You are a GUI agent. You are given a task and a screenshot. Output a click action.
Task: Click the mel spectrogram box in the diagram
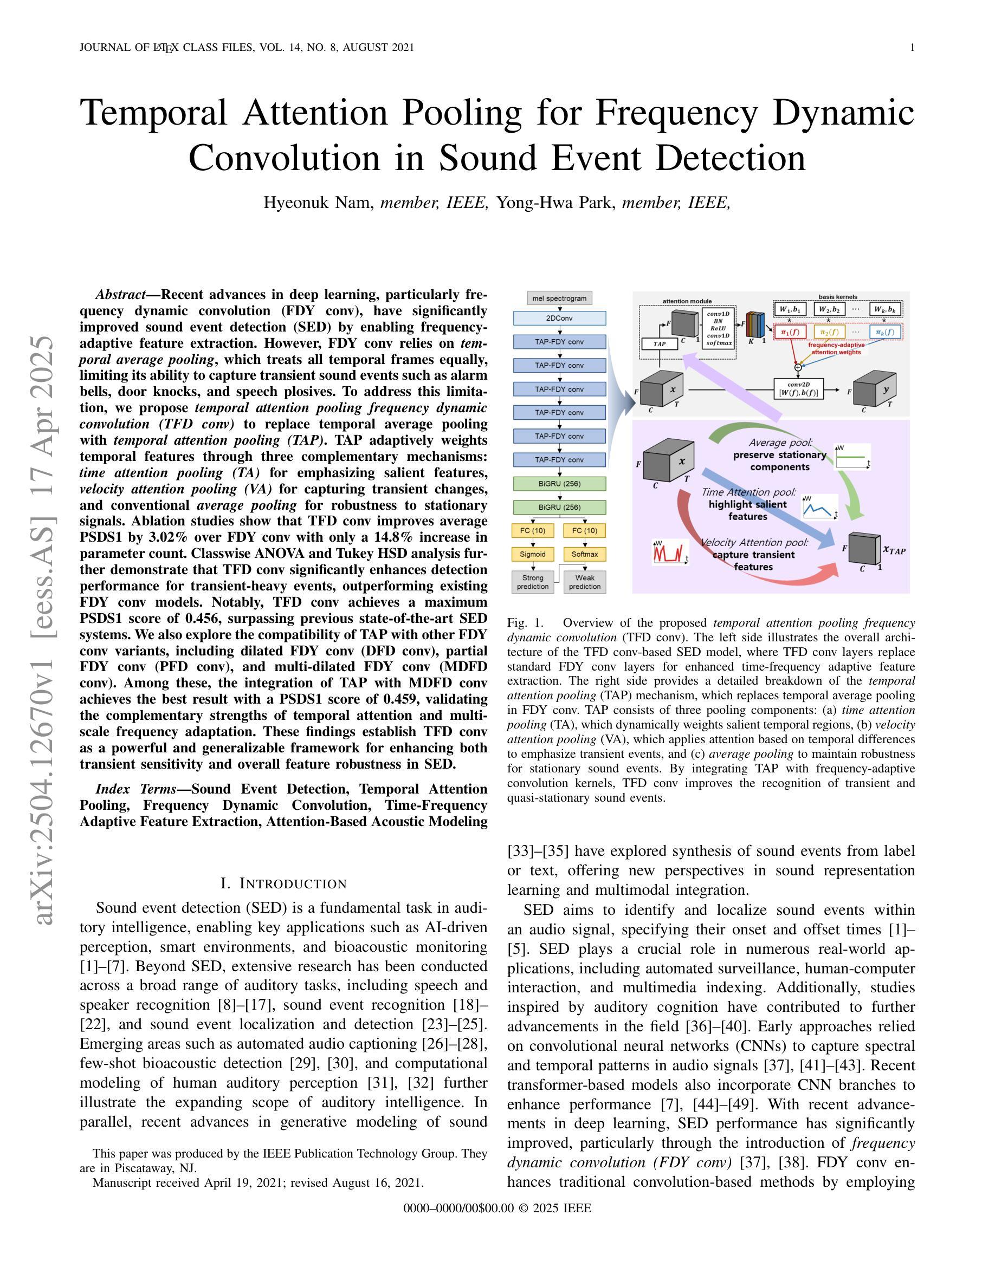coord(559,298)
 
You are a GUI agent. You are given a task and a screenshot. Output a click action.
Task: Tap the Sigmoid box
coord(533,554)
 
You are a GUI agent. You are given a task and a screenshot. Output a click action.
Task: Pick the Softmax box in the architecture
coord(585,554)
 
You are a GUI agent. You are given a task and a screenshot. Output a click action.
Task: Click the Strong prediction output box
coord(533,582)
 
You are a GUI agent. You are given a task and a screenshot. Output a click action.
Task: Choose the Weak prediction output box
coord(585,582)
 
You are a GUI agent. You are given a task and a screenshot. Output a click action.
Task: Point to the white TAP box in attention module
coord(660,343)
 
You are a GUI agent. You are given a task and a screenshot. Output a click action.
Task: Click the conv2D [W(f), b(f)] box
coord(799,389)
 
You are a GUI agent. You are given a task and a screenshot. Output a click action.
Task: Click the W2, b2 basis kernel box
coord(828,309)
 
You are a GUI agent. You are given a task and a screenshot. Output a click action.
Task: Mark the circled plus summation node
coord(798,367)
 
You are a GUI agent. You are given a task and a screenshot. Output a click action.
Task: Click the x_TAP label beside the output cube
coord(894,550)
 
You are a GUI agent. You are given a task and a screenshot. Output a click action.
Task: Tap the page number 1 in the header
coord(913,48)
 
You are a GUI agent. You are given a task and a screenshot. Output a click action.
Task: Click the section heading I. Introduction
coord(283,883)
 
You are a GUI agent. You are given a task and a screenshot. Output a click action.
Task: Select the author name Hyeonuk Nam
coord(318,203)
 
